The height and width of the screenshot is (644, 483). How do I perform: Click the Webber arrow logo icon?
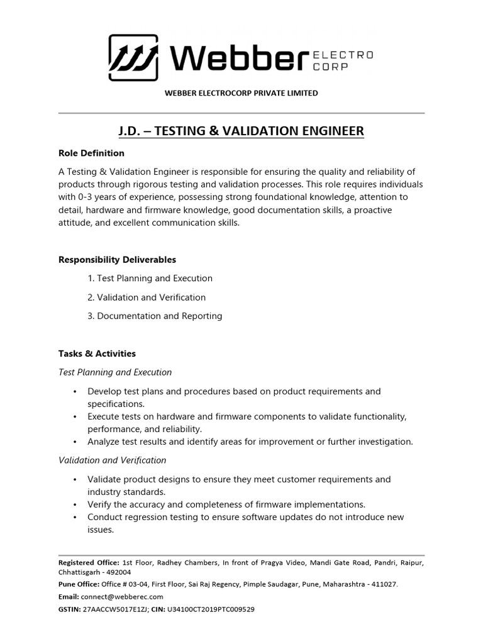[x=134, y=58]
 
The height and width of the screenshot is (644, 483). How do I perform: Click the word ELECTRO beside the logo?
[x=343, y=55]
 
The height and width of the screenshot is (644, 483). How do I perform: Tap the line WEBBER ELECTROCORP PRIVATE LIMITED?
[x=241, y=93]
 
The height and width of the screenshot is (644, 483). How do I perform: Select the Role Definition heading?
[x=91, y=153]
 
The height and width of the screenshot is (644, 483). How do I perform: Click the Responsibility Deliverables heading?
[x=117, y=260]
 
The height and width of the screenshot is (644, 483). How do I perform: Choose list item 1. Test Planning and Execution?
[x=150, y=279]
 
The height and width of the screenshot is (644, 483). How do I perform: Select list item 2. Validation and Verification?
[x=147, y=297]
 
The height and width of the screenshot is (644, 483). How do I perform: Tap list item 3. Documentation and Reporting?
[x=155, y=316]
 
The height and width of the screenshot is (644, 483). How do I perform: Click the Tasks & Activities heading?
[x=97, y=354]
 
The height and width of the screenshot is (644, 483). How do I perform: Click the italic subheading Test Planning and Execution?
[x=115, y=372]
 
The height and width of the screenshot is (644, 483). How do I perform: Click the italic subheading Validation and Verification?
[x=112, y=460]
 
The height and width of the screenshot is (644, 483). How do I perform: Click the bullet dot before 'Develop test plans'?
[x=75, y=392]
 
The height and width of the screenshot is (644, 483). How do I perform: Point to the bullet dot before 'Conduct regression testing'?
[x=75, y=518]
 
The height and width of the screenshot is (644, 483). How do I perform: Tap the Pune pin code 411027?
[x=384, y=584]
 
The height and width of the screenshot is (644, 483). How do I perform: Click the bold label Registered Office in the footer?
[x=88, y=562]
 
